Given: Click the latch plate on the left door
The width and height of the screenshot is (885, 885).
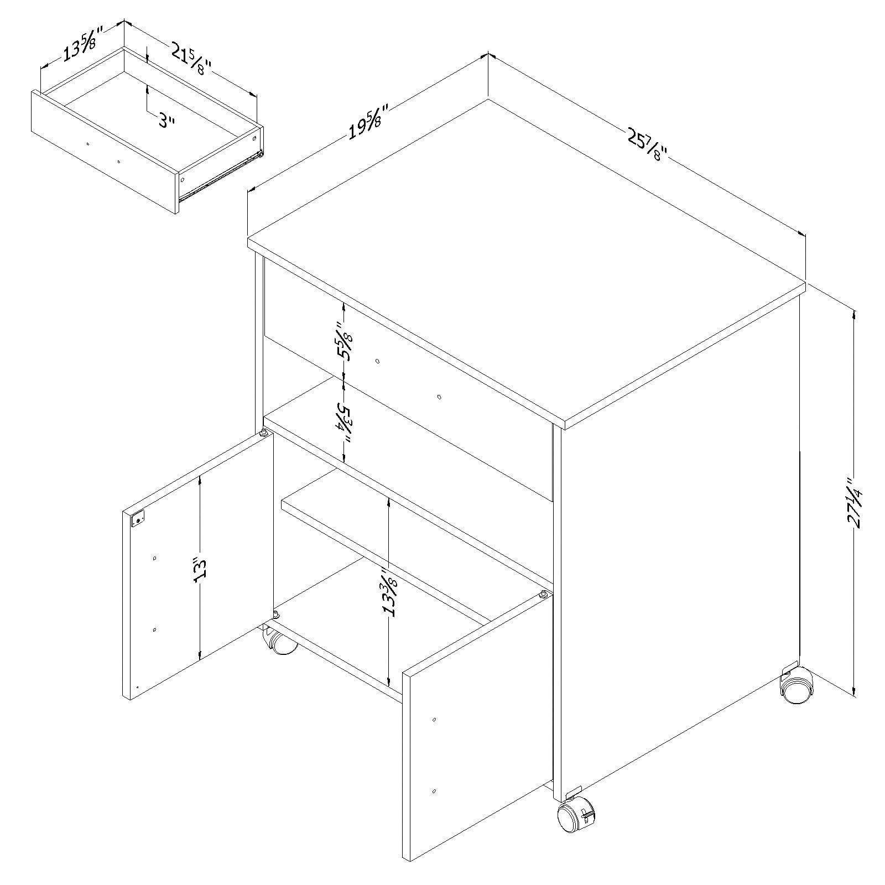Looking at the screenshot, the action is click(x=138, y=519).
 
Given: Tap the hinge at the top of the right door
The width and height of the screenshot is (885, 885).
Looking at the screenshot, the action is click(x=544, y=595).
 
